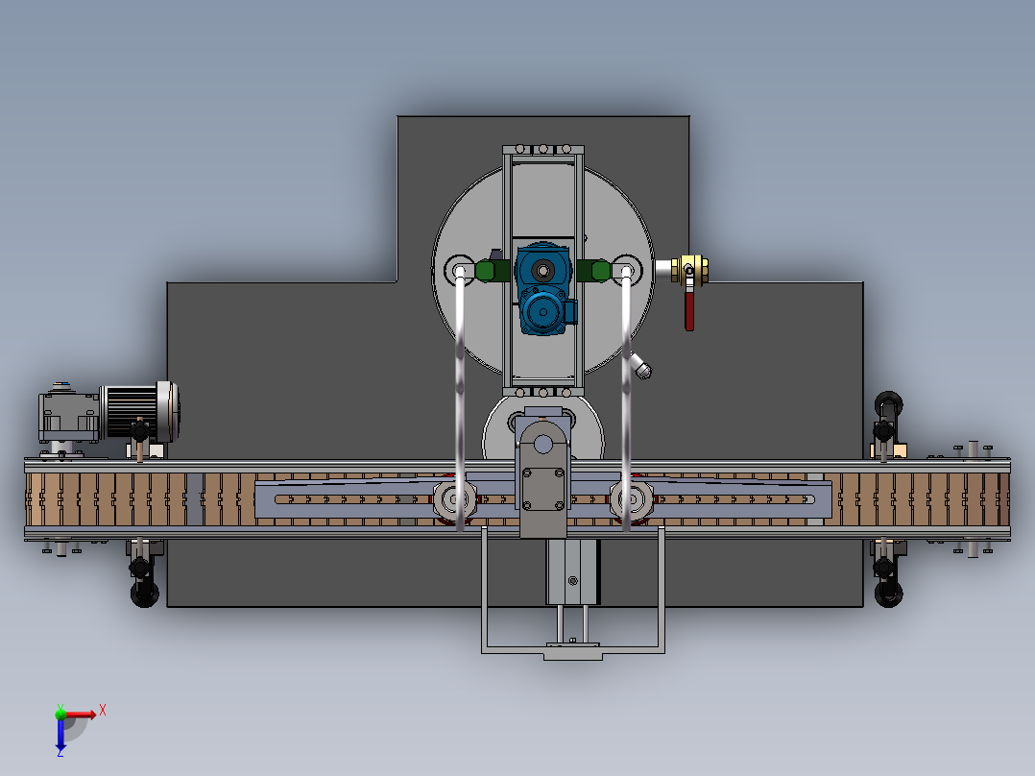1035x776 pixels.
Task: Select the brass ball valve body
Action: pyautogui.click(x=689, y=270)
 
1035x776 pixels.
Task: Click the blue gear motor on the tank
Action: pyautogui.click(x=543, y=289)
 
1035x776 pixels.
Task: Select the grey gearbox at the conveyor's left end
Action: pyautogui.click(x=69, y=415)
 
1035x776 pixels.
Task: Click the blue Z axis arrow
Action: pyautogui.click(x=60, y=735)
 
